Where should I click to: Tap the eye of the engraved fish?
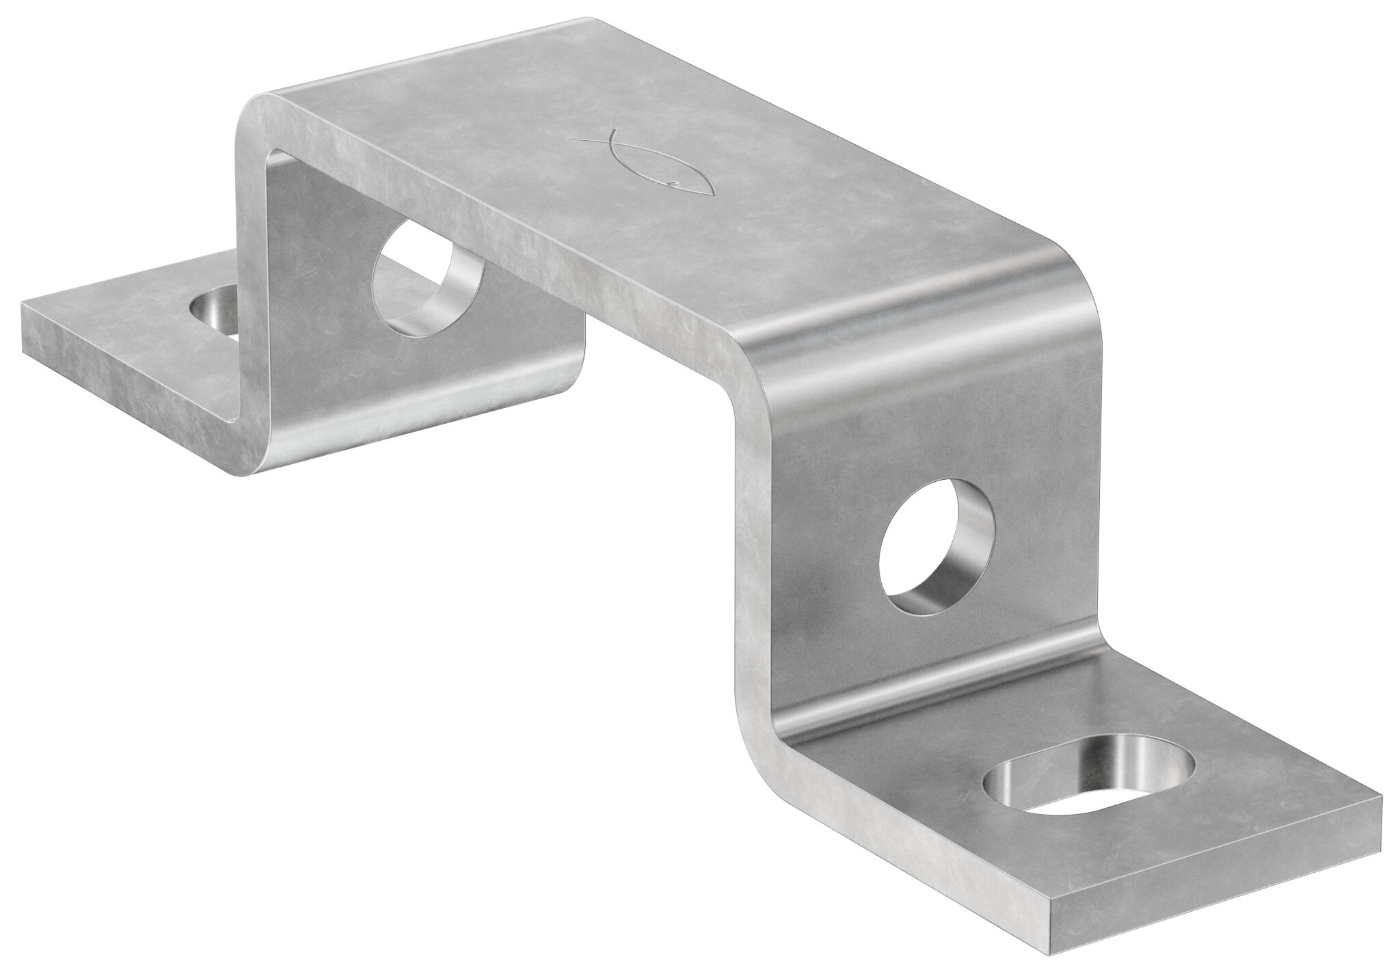coord(674,182)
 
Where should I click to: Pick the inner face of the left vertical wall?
coord(328,342)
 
